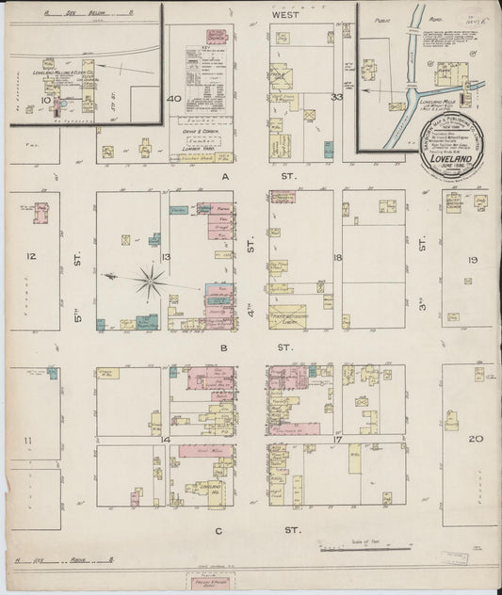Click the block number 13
coord(165,256)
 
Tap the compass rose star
coord(150,279)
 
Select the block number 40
coord(173,98)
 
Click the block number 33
coord(336,97)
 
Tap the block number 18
coord(336,256)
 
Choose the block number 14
coord(165,439)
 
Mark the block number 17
coord(336,439)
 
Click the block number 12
coord(30,256)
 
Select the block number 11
coord(30,440)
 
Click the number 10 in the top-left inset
coord(44,97)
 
